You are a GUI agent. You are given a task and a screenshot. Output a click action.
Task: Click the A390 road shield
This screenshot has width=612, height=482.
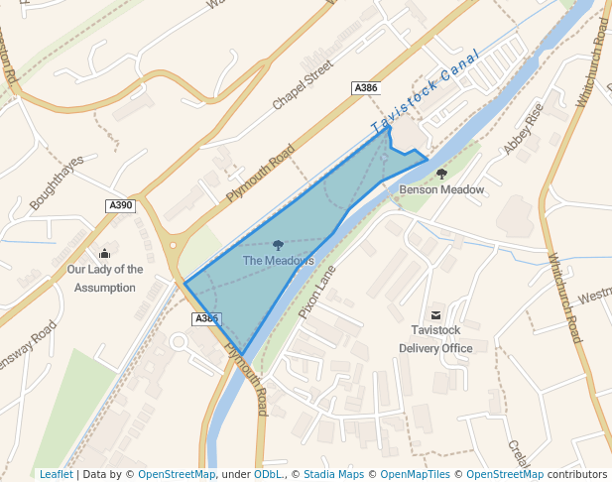click(120, 205)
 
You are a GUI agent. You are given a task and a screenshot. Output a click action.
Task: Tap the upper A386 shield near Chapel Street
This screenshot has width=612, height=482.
click(366, 88)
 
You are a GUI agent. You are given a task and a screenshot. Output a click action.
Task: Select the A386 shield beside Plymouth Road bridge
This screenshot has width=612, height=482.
click(205, 318)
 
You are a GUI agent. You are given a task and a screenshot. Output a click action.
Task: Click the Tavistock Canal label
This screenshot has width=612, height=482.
click(426, 91)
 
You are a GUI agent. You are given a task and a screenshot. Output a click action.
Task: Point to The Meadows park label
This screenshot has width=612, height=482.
click(278, 261)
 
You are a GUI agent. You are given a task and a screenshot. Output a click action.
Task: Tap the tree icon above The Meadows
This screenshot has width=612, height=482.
click(278, 244)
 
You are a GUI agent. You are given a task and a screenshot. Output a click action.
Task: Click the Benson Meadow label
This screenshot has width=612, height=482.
click(441, 189)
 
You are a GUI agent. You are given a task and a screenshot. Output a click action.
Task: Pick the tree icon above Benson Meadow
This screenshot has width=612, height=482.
click(441, 174)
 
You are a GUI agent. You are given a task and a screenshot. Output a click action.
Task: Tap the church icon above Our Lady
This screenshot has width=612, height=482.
click(105, 253)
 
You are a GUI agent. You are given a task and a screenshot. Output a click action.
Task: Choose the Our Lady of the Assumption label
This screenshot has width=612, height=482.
click(104, 278)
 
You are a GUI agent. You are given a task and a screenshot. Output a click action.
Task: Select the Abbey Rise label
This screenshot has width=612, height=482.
click(524, 130)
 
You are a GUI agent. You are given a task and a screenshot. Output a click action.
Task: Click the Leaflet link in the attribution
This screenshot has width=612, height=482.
click(56, 474)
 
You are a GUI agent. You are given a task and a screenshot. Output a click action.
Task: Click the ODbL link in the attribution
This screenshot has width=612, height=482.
click(267, 474)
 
